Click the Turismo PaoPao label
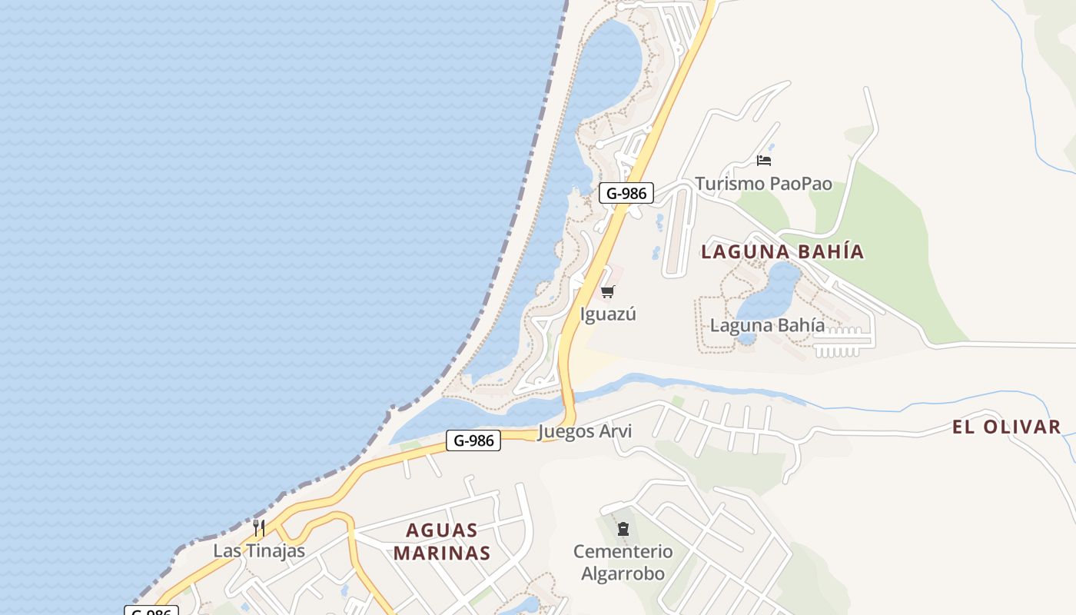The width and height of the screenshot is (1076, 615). coord(763,184)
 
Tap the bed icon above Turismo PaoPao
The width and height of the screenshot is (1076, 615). coord(763,160)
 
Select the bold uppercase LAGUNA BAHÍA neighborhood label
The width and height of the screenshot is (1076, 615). coord(782,252)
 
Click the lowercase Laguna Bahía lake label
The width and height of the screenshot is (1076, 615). coord(767,325)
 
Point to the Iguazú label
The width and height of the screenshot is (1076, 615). coord(608,314)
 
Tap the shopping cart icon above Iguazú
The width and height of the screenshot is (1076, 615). coord(608,291)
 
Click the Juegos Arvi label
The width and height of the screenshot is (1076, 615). coord(585,431)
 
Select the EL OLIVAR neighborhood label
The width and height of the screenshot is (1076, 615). coord(1006,427)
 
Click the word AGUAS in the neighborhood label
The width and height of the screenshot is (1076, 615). coord(441,530)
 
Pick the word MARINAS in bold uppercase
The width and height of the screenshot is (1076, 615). coord(441,553)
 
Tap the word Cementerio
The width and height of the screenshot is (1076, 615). coord(623,551)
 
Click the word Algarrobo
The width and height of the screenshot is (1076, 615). coord(623,573)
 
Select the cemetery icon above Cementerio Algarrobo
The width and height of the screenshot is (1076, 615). coord(623,529)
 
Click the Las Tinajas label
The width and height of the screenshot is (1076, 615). coord(259,551)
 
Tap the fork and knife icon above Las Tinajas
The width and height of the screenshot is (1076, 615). coord(259,528)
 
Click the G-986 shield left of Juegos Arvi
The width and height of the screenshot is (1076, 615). coord(473,440)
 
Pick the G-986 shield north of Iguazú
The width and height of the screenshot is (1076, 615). coord(626,193)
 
